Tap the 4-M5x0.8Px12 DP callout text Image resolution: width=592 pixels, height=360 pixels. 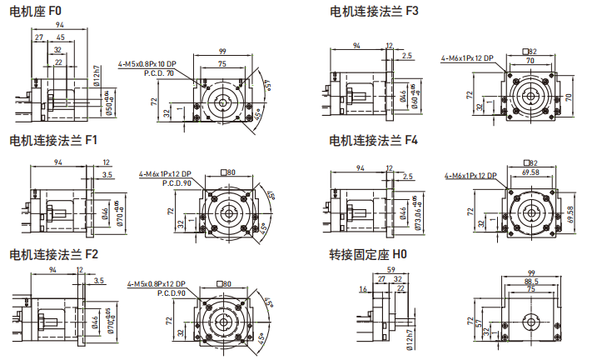157,283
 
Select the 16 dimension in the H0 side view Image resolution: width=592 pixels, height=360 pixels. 363,289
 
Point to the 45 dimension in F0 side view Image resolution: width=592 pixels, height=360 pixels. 61,38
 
